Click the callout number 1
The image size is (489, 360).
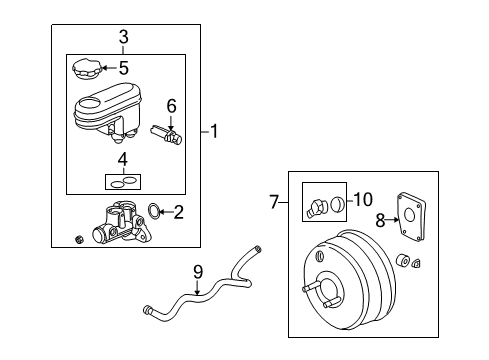pos(216,130)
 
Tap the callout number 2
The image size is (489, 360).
pos(178,211)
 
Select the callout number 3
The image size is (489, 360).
pos(123,37)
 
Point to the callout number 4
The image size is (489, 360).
pos(122,159)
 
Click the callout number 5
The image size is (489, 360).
pos(123,69)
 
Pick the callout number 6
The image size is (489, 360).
pos(171,105)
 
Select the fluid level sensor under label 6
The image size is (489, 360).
pos(167,132)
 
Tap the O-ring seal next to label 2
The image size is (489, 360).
pos(152,210)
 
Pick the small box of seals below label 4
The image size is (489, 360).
pos(122,181)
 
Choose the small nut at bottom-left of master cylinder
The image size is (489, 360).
pos(79,237)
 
